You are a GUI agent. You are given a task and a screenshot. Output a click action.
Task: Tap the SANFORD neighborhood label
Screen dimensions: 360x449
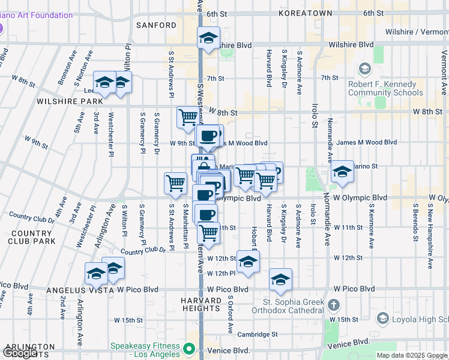156,25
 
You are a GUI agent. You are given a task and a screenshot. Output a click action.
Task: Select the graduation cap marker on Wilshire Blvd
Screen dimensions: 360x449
208,38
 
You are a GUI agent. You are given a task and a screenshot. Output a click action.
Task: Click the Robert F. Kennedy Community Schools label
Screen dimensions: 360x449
385,89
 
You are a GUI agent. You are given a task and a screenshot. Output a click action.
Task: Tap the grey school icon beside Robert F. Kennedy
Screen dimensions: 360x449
364,70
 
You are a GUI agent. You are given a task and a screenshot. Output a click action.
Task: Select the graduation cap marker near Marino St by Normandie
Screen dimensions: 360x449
342,172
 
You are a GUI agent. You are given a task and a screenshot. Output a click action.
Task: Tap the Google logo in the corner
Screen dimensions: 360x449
20,353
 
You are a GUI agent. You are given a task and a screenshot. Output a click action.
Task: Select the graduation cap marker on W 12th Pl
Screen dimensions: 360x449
248,261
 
